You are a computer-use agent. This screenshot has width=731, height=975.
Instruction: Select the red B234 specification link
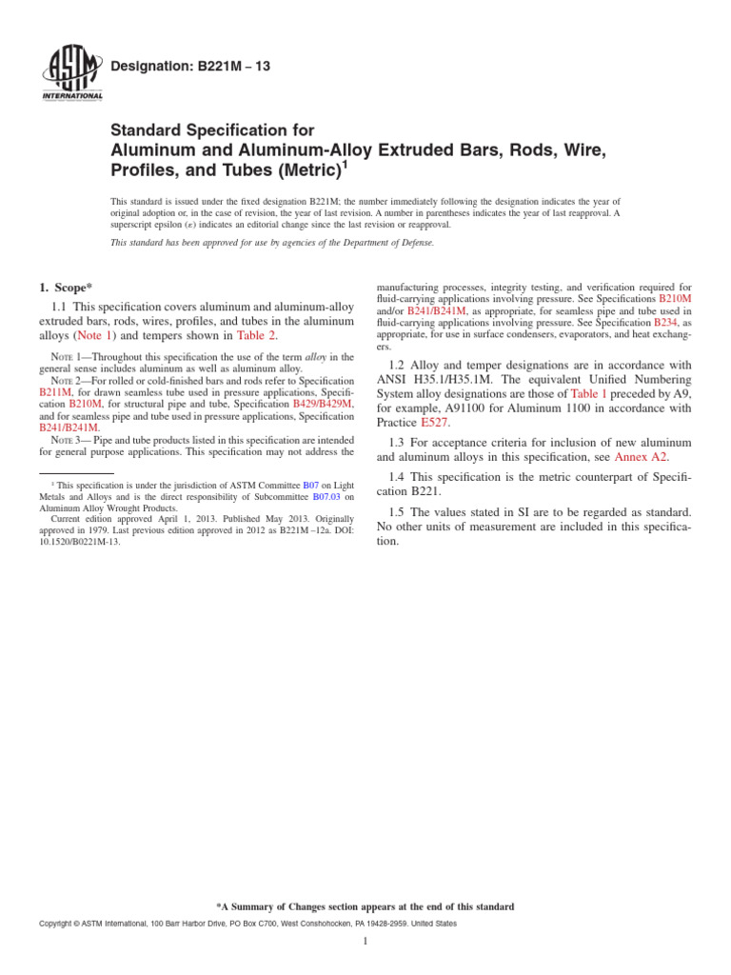coord(663,323)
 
